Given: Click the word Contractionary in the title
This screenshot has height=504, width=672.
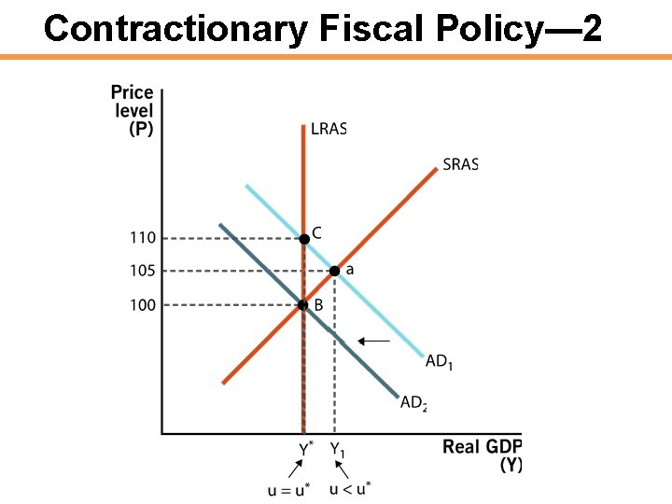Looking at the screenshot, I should click(x=174, y=29).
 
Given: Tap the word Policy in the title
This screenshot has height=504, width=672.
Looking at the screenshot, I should click(x=483, y=29).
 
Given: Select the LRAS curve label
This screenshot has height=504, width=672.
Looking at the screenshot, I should click(x=328, y=129).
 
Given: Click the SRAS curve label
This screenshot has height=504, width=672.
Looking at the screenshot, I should click(x=460, y=164).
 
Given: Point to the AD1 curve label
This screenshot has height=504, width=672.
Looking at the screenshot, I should click(x=439, y=361).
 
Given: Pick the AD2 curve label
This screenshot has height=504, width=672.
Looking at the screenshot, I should click(x=413, y=403).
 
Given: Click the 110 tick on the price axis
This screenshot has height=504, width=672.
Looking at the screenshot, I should click(x=142, y=238).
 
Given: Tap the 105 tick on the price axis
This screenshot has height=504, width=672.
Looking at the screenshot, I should click(x=142, y=272).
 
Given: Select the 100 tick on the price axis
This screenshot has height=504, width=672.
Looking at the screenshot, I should click(x=142, y=305).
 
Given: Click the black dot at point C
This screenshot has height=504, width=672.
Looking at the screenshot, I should click(x=303, y=239).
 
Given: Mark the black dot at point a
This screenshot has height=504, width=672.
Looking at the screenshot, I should click(x=335, y=272).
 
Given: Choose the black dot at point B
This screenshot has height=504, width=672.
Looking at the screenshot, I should click(x=303, y=304).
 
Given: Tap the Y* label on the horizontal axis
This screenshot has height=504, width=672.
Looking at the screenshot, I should click(x=304, y=450).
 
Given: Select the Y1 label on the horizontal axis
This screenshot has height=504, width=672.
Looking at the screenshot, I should click(x=337, y=450).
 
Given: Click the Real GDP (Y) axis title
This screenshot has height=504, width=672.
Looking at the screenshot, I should click(x=482, y=455).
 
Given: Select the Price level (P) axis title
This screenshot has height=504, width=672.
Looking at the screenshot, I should click(x=133, y=110).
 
